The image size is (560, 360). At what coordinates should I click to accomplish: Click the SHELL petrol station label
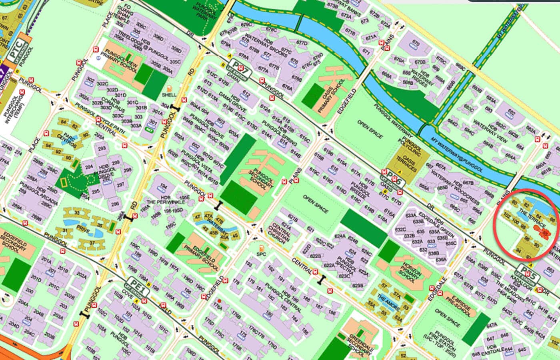click(169, 95)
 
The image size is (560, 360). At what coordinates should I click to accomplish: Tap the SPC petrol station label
click(261, 254)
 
